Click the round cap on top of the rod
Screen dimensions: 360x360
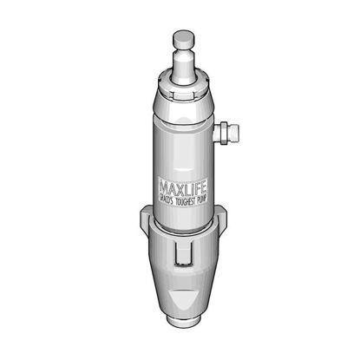pos(183,38)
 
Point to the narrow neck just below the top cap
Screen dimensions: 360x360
pos(183,54)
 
